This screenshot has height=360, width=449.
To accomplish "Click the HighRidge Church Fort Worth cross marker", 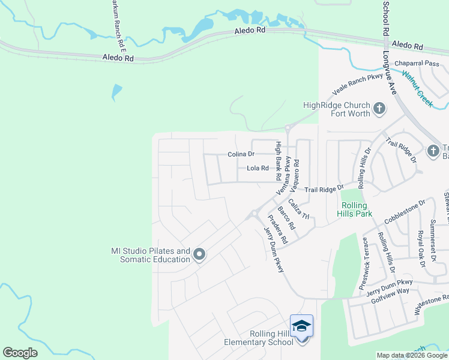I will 379,109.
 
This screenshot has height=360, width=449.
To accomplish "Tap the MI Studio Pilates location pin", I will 199,256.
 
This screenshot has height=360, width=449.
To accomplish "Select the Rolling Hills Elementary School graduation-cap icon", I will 301,326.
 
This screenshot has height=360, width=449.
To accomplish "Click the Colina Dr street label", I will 241,154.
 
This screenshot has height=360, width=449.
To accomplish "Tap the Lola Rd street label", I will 258,168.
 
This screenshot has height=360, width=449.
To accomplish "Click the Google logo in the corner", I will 20,353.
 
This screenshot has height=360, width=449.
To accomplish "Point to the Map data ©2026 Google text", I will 411,355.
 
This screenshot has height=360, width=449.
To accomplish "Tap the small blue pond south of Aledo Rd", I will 116,92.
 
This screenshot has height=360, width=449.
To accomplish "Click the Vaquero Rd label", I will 295,170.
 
